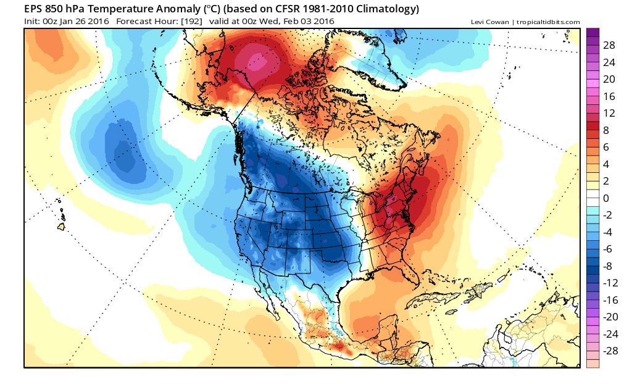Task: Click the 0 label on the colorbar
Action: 606,198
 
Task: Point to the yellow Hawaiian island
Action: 61,227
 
